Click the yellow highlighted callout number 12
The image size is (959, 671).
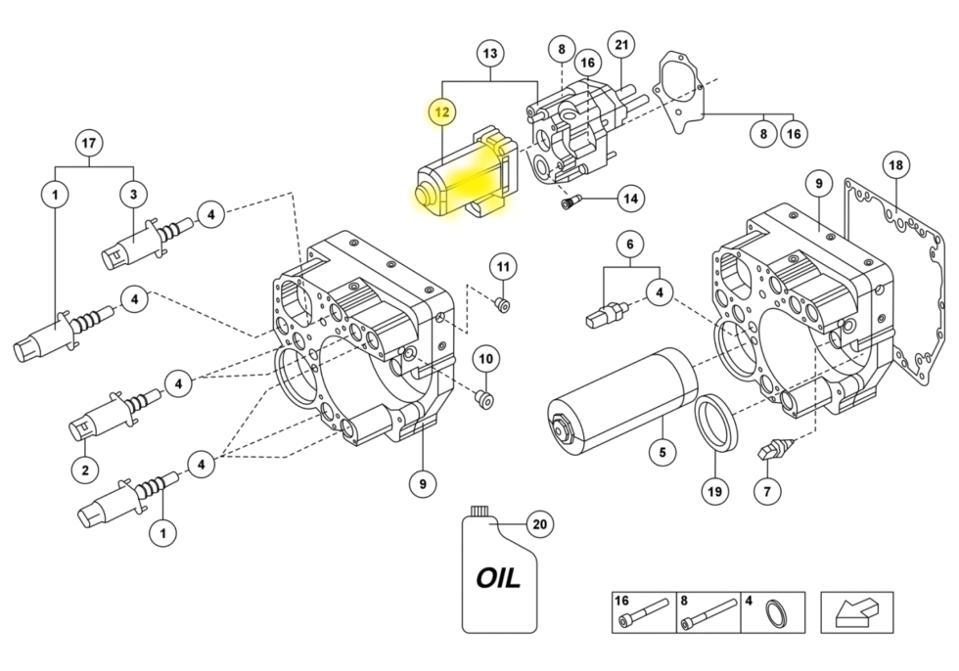(442, 112)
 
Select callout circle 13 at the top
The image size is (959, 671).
(490, 54)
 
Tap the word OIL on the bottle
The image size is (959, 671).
(498, 577)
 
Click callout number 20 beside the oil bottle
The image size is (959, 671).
(540, 524)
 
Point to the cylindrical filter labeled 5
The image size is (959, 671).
(622, 404)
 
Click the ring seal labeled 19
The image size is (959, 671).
(715, 423)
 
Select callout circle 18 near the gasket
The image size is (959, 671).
(895, 165)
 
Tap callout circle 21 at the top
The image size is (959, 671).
(621, 45)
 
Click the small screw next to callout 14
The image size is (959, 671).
(570, 201)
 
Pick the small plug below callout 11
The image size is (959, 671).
(502, 304)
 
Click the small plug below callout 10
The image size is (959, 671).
(484, 400)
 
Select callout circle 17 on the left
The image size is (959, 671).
(89, 143)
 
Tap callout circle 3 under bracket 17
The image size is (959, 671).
(133, 195)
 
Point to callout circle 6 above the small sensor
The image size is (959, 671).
(630, 245)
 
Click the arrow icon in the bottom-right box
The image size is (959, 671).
(857, 613)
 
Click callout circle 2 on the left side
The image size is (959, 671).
(85, 470)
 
